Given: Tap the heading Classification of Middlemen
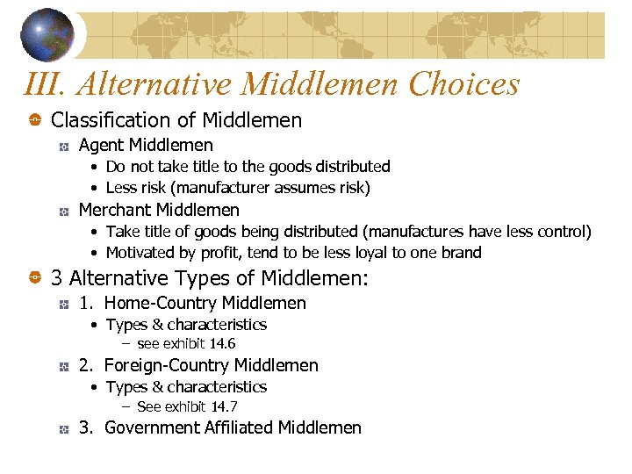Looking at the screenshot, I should click(x=176, y=120).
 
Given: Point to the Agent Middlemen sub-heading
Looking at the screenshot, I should click(x=146, y=145).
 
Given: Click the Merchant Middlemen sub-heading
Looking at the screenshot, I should click(x=159, y=210).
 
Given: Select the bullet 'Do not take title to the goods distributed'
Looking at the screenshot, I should click(x=248, y=167).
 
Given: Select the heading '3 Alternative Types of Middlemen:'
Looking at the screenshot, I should click(x=210, y=279).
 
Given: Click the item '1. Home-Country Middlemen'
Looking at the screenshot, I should click(x=192, y=304).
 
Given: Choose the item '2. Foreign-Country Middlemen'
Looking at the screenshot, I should click(x=198, y=366).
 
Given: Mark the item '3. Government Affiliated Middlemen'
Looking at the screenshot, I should click(x=219, y=428).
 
